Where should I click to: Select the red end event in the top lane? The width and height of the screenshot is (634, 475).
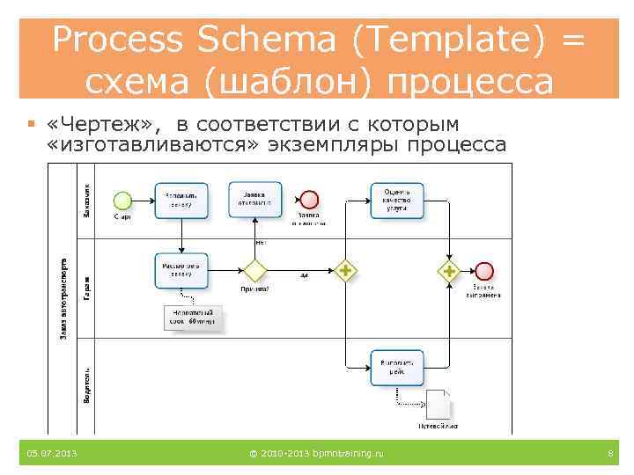click(308, 200)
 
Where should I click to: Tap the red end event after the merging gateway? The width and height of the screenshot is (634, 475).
click(483, 271)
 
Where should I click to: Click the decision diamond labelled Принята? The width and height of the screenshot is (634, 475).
click(255, 270)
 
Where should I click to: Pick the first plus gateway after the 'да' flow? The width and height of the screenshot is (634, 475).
click(346, 271)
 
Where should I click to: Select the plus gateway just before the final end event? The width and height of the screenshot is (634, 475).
click(449, 271)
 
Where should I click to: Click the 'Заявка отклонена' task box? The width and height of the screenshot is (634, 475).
click(255, 200)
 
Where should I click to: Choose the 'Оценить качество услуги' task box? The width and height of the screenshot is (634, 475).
click(396, 200)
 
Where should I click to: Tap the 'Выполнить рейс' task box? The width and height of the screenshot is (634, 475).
click(396, 367)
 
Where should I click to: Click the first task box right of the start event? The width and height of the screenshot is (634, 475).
click(182, 200)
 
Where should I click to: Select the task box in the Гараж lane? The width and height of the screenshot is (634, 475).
click(182, 270)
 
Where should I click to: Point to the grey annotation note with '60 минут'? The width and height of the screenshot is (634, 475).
click(194, 319)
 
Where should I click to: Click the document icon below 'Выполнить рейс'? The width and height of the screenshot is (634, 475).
click(438, 405)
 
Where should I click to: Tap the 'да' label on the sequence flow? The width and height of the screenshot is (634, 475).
click(304, 274)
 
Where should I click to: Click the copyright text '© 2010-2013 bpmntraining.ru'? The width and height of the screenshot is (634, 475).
click(317, 453)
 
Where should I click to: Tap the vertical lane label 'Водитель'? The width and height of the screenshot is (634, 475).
click(87, 387)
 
